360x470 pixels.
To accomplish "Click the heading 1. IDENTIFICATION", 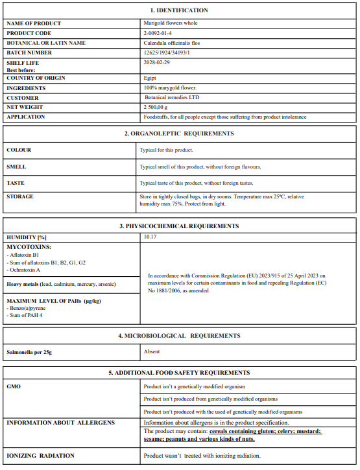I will [179, 10].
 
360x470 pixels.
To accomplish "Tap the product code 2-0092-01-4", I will [158, 33].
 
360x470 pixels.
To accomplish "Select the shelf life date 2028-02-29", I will [157, 63].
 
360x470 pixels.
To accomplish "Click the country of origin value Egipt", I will [150, 78].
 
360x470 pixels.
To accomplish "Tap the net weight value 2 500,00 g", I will [156, 108].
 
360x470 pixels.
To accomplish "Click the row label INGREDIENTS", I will [26, 88].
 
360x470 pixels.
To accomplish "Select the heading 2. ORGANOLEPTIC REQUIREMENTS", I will [179, 134].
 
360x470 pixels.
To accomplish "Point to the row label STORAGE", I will [19, 196].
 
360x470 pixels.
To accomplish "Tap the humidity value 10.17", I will [150, 237].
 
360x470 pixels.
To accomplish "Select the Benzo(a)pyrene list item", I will [27, 308].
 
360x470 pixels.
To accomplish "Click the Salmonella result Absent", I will [152, 352].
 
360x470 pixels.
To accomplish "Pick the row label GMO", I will [14, 386].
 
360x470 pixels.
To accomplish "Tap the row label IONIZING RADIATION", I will [40, 456].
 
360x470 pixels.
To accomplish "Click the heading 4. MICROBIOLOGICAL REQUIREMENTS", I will [179, 336].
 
